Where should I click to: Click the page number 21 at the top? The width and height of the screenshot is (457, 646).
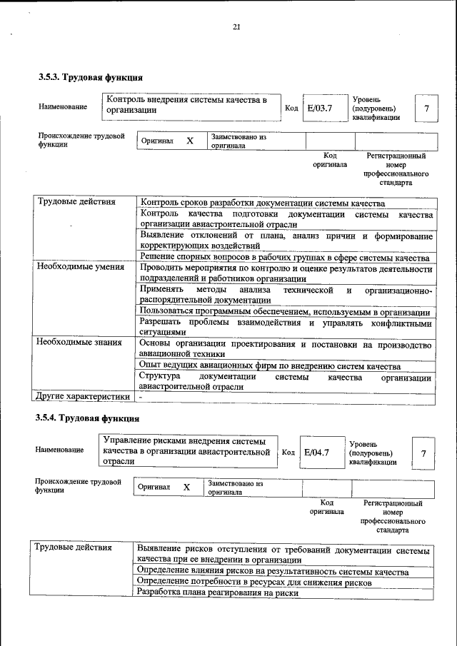point(236,27)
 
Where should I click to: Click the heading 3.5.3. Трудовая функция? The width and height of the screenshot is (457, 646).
point(91,77)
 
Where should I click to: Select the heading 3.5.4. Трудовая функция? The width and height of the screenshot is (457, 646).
point(89,418)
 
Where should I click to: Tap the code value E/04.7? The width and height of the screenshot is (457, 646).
point(316,452)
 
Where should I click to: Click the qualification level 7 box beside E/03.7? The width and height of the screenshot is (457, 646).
point(426,108)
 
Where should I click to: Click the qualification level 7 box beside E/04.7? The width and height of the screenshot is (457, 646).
point(423,453)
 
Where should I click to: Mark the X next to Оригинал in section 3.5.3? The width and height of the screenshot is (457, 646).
point(190,141)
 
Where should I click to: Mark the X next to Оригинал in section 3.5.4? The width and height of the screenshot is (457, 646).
point(187,487)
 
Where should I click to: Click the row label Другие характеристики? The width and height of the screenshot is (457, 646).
point(84,396)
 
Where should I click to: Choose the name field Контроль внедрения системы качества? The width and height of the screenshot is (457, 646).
point(190,105)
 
